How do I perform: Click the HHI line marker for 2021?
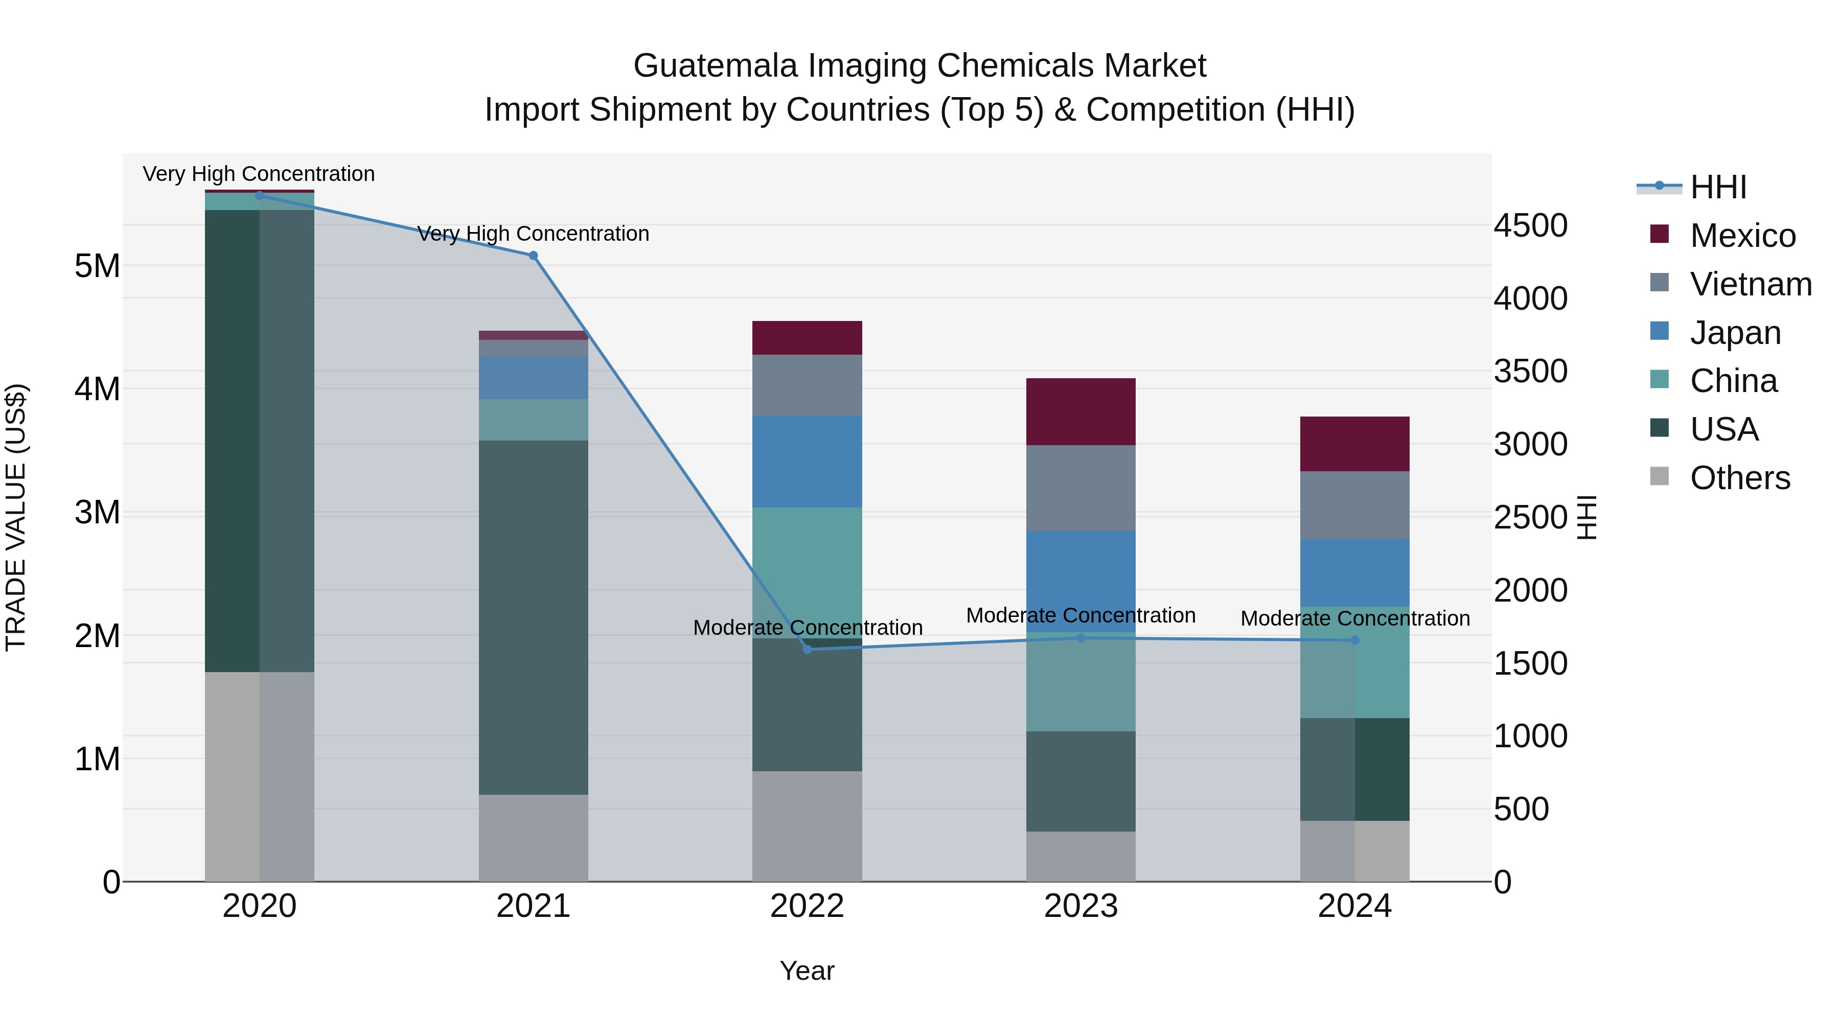point(533,256)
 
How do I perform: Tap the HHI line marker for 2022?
point(807,649)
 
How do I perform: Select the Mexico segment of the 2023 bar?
point(1080,412)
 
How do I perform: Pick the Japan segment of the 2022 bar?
point(807,462)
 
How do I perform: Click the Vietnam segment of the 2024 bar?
point(1354,505)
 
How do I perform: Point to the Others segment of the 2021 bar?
point(533,838)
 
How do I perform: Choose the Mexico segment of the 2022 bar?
point(807,338)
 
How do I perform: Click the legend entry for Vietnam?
point(1750,284)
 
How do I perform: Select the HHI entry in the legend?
point(1718,187)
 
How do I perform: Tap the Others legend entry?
point(1739,478)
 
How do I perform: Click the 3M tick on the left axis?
point(97,512)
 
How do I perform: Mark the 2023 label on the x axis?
point(1080,906)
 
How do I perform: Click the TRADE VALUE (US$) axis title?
point(16,517)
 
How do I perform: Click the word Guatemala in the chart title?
point(716,66)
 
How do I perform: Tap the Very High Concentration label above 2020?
point(259,174)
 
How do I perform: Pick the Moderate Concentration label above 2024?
point(1355,618)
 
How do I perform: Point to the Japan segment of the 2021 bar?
point(533,378)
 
